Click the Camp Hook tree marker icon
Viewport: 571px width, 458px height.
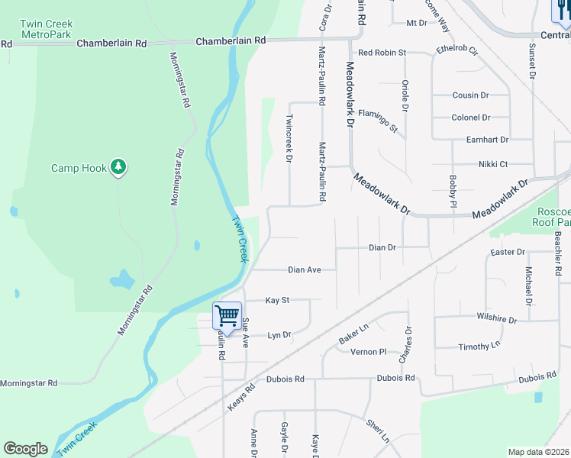pyautogui.click(x=118, y=166)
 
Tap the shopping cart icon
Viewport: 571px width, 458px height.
pyautogui.click(x=227, y=314)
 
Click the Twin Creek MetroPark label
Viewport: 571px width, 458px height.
pyautogui.click(x=47, y=30)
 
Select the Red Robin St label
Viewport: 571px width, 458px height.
pyautogui.click(x=382, y=53)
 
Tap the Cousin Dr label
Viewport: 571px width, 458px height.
pyautogui.click(x=470, y=95)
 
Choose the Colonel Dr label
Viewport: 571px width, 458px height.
pyautogui.click(x=470, y=118)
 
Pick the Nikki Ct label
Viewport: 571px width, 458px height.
pyautogui.click(x=493, y=163)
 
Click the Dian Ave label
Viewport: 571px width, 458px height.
pyautogui.click(x=304, y=269)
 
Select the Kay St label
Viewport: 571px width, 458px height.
pyautogui.click(x=277, y=301)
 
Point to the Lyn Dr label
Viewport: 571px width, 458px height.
pyautogui.click(x=280, y=335)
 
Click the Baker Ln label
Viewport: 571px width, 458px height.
pyautogui.click(x=353, y=331)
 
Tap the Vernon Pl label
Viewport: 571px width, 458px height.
pyautogui.click(x=369, y=352)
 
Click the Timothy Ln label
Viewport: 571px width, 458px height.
pyautogui.click(x=479, y=347)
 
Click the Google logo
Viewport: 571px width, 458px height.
pyautogui.click(x=25, y=450)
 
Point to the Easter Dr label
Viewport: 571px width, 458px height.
pyautogui.click(x=508, y=252)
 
